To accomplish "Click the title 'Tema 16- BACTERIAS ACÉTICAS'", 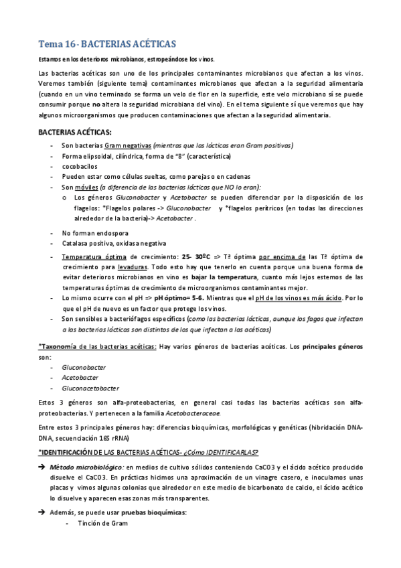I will coord(107,44).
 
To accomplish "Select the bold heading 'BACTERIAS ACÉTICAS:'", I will coord(74,133).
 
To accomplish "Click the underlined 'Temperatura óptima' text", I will coord(89,257).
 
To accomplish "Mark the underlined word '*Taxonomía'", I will coord(60,347).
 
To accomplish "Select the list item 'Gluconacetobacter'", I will coord(90,388).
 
